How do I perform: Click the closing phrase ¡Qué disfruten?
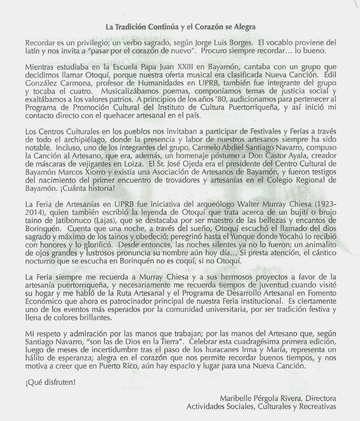(50, 382)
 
